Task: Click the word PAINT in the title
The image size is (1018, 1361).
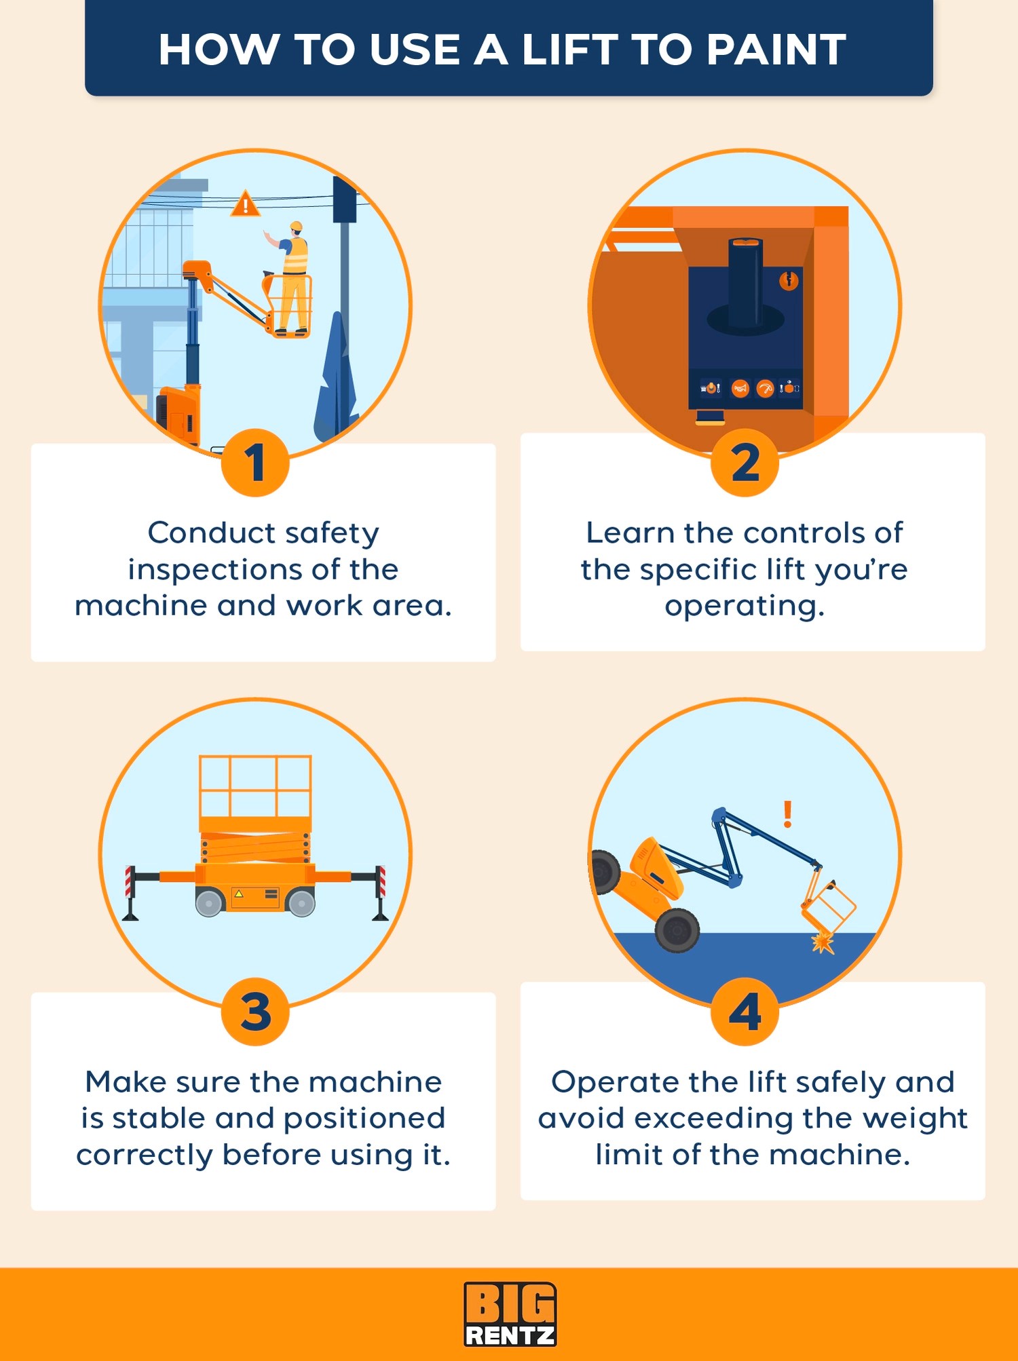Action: click(776, 50)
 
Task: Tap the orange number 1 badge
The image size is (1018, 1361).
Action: click(255, 463)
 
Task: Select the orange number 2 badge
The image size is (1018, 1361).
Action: click(744, 463)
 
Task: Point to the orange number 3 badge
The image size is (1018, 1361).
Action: click(255, 1012)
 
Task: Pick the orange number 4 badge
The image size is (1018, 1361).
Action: click(744, 1012)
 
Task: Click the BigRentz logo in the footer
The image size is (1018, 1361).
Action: click(510, 1314)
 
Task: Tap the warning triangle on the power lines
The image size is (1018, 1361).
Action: click(245, 204)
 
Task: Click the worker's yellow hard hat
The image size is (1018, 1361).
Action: click(296, 226)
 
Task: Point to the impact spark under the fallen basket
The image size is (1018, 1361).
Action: click(823, 942)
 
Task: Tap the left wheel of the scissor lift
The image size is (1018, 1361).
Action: click(210, 903)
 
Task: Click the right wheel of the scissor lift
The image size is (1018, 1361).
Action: click(301, 903)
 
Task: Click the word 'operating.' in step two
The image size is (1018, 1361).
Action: click(744, 607)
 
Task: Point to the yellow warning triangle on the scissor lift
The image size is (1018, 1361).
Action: click(238, 894)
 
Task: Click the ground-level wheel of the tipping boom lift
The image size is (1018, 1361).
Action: click(677, 931)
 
